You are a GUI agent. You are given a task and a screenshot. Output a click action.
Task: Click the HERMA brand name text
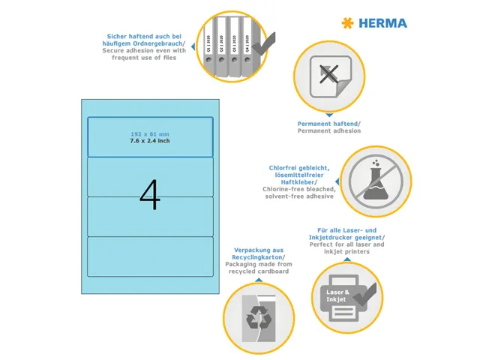pos(382,23)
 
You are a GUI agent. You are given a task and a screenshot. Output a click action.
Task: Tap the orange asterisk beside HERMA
pos(347,23)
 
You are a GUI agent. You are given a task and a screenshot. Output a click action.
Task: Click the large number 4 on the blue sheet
pos(150,195)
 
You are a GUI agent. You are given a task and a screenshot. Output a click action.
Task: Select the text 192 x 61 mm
pos(150,133)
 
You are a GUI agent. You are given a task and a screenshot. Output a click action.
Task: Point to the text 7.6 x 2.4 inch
pos(150,140)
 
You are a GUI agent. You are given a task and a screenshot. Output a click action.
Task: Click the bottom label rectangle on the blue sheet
pos(150,256)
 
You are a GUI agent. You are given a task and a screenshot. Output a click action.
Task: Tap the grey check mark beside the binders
pos(262,46)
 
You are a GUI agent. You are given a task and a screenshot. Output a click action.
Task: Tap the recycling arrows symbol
pos(256,317)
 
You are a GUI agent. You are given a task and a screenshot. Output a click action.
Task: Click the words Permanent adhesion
pos(329,130)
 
